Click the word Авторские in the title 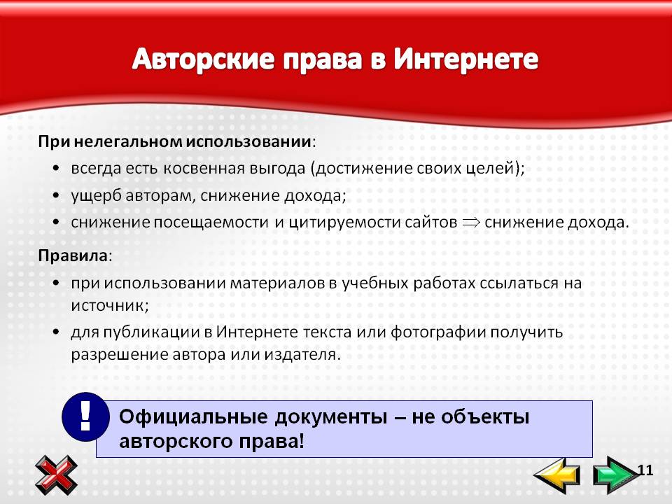tap(203, 59)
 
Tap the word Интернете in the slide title tap(466, 59)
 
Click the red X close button tap(56, 475)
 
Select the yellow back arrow tap(557, 475)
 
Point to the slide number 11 tap(645, 470)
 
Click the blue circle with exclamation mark tap(85, 417)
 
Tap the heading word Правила tap(73, 256)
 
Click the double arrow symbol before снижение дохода tap(471, 222)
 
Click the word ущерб tap(96, 196)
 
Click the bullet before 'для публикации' tap(56, 332)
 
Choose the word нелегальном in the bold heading tap(129, 141)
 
